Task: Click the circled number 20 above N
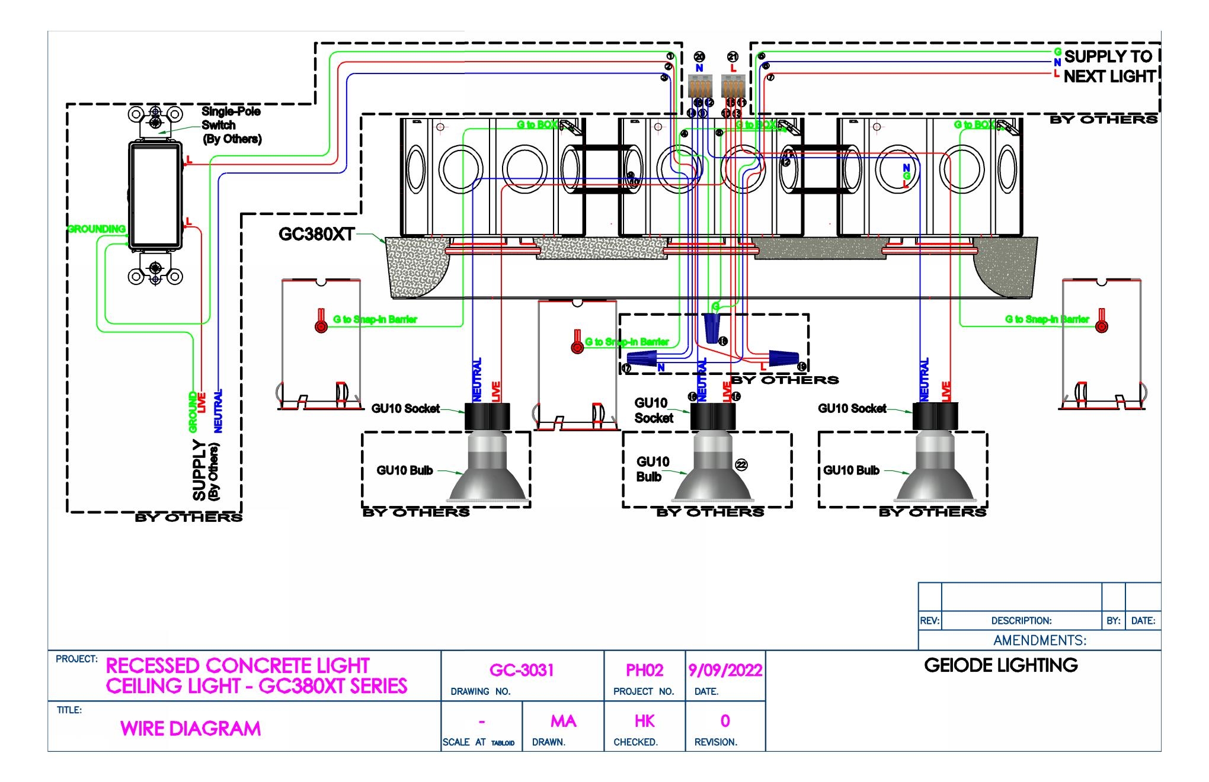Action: (x=699, y=57)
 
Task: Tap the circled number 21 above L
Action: (x=733, y=57)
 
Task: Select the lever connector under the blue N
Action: (x=699, y=88)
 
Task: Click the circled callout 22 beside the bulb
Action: (x=741, y=465)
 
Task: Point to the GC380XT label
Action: (x=316, y=235)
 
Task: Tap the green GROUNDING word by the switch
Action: (x=97, y=229)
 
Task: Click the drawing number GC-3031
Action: (x=522, y=670)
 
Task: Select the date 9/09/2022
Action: (x=725, y=670)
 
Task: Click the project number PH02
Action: (x=644, y=670)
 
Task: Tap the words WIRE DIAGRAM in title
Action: (x=190, y=729)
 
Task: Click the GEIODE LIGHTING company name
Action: (x=1000, y=665)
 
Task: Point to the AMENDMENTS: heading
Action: (x=1040, y=640)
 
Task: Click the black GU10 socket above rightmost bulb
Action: (x=935, y=416)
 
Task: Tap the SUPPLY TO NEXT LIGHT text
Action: (x=1108, y=66)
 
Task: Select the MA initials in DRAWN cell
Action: (x=562, y=721)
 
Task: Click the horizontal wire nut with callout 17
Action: (x=643, y=358)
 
